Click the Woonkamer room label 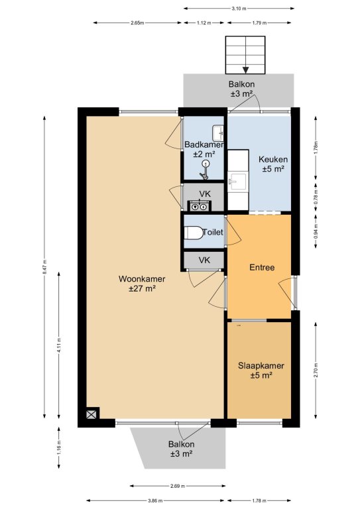coord(142,279)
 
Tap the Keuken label coord(273,159)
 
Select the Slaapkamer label coord(261,366)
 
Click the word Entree coord(262,267)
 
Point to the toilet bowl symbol coord(193,233)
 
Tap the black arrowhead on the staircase coord(246,70)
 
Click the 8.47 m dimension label coord(45,266)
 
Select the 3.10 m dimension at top coord(239,9)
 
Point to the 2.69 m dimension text coord(178,486)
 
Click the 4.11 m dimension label coord(59,345)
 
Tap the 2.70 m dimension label coord(316,370)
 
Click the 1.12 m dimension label coord(204,23)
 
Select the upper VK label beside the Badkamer coord(205,194)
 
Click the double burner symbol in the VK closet coord(200,206)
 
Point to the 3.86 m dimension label coord(156,500)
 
